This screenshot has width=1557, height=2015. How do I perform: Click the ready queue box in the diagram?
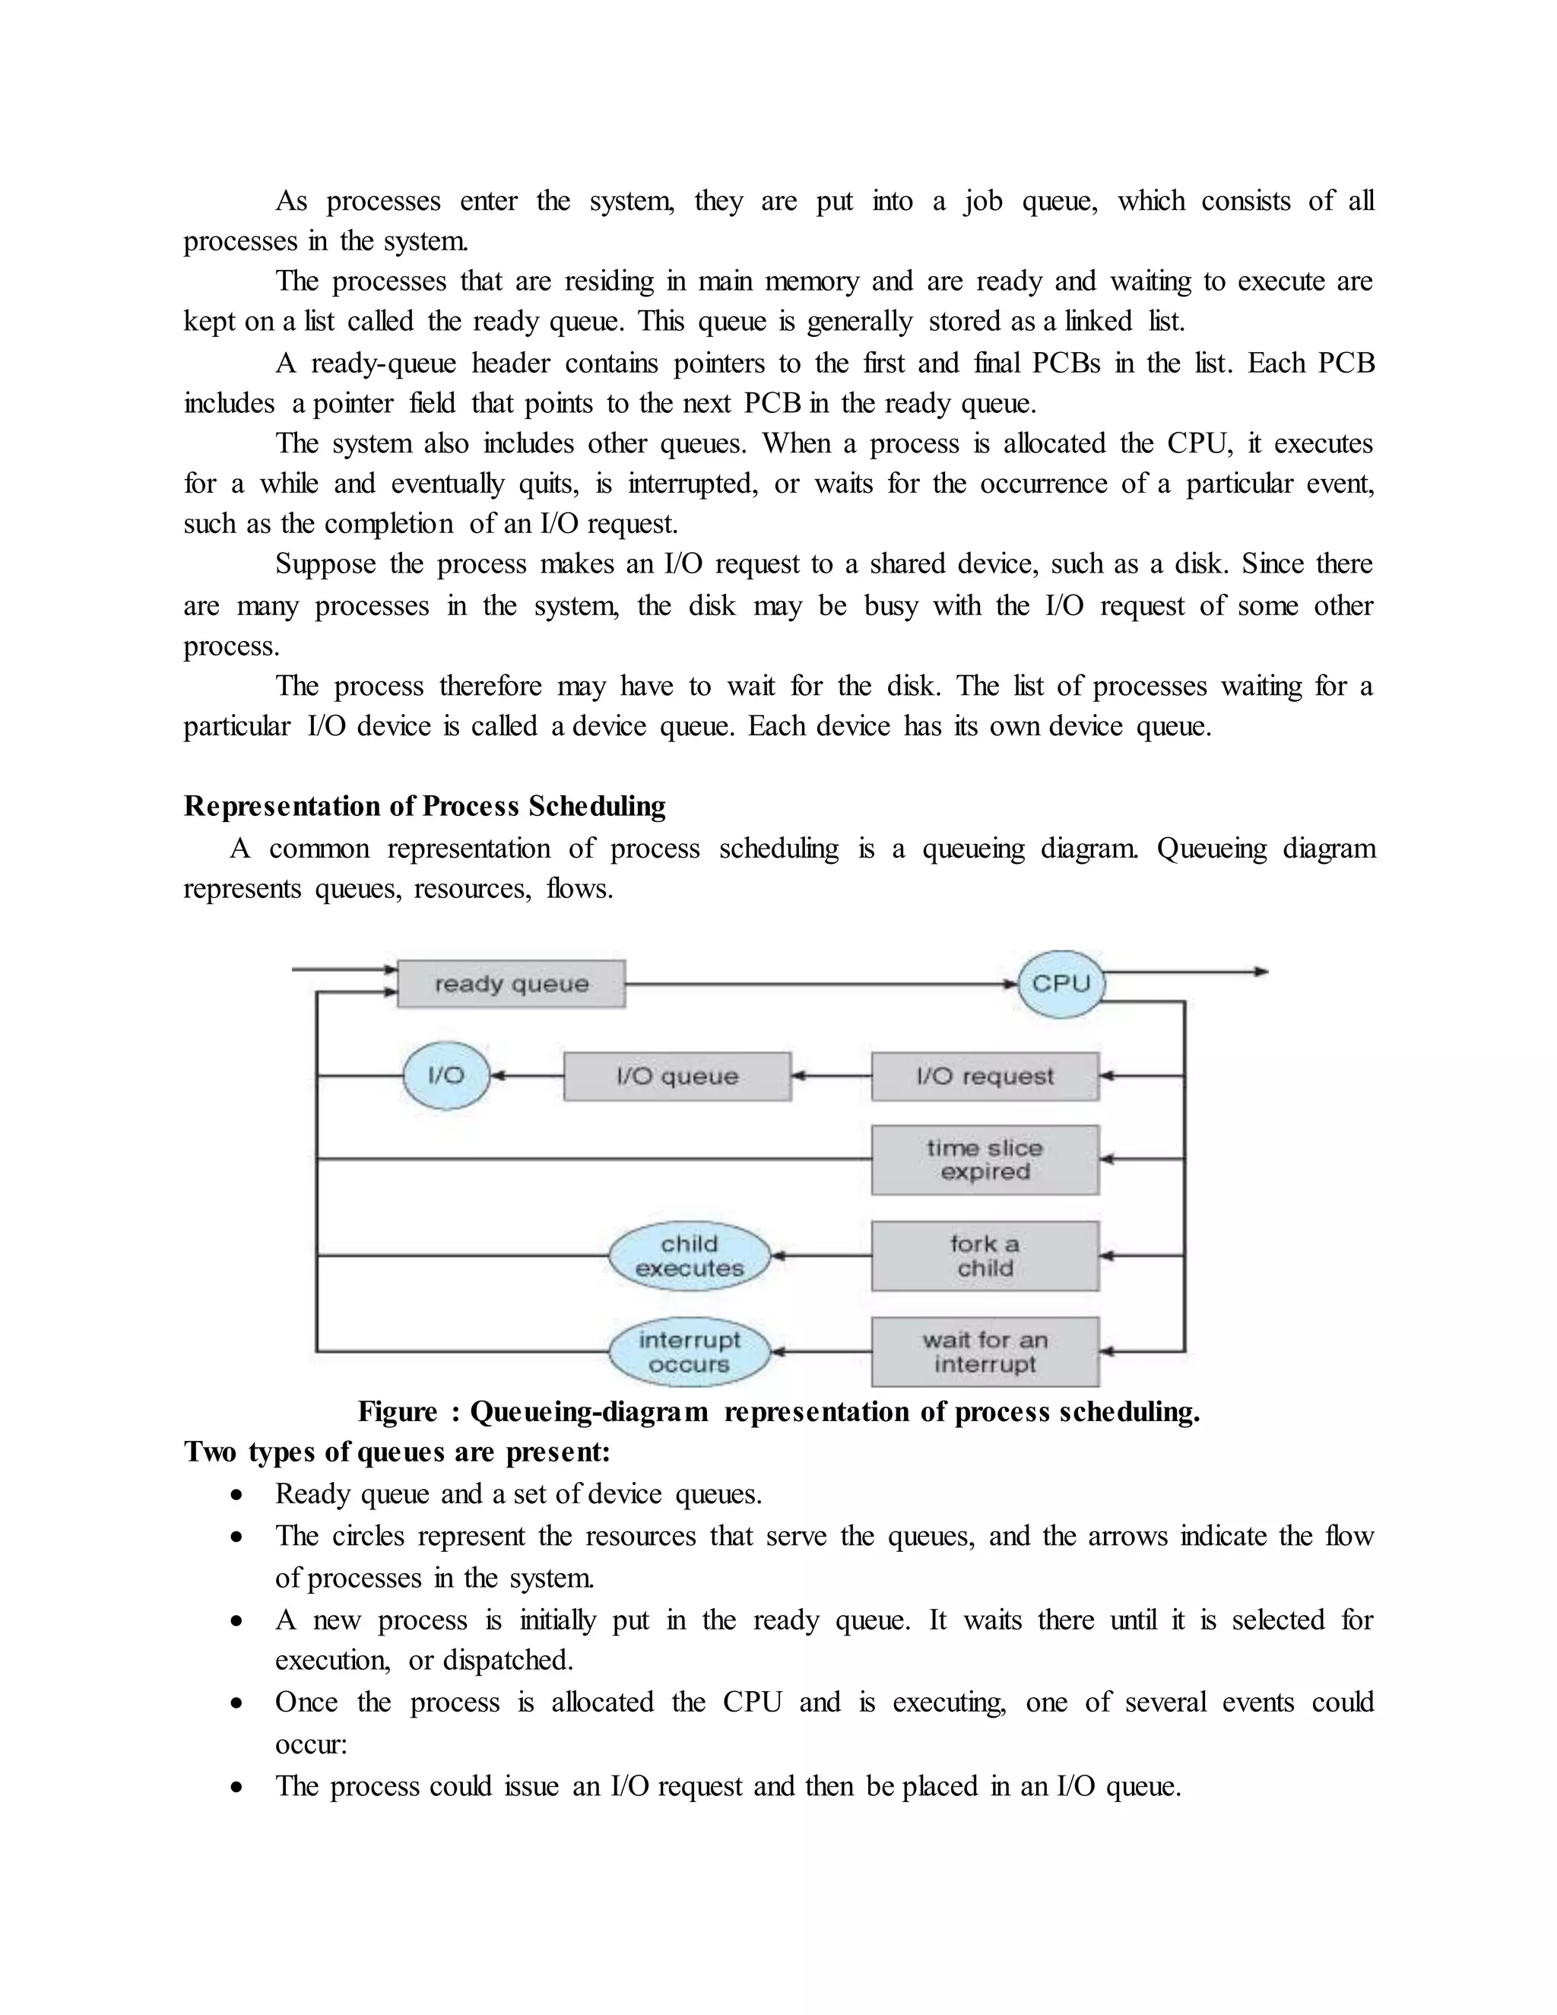click(510, 983)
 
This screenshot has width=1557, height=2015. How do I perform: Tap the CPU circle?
click(1061, 983)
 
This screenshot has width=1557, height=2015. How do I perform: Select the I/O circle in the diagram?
click(446, 1075)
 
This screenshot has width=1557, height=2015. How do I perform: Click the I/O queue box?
click(677, 1076)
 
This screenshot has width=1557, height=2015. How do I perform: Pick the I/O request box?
click(985, 1076)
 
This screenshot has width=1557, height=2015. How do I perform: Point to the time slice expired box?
click(985, 1160)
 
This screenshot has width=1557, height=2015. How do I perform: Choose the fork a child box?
click(985, 1255)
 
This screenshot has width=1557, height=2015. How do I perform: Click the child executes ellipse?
click(689, 1255)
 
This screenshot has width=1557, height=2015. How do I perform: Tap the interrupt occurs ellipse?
click(689, 1352)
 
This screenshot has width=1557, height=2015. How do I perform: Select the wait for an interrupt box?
click(985, 1352)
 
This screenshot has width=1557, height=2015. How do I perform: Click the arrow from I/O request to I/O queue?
click(830, 1076)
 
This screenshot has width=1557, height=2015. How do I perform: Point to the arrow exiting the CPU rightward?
click(1190, 972)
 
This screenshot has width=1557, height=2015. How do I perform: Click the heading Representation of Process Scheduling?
click(424, 806)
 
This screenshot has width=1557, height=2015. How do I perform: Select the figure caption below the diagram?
click(778, 1411)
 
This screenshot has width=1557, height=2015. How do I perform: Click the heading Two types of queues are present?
click(397, 1452)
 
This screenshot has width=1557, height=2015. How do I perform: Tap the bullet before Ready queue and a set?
click(238, 1495)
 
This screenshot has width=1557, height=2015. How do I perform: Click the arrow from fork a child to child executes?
click(821, 1255)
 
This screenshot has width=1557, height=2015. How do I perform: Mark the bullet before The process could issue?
click(238, 1787)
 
